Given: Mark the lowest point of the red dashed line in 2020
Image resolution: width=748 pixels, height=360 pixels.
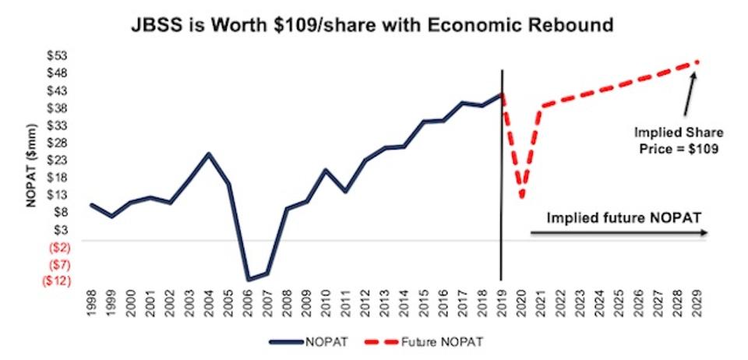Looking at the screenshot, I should pos(521,196).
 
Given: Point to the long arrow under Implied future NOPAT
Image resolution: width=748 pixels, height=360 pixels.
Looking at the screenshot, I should pos(619,233).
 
